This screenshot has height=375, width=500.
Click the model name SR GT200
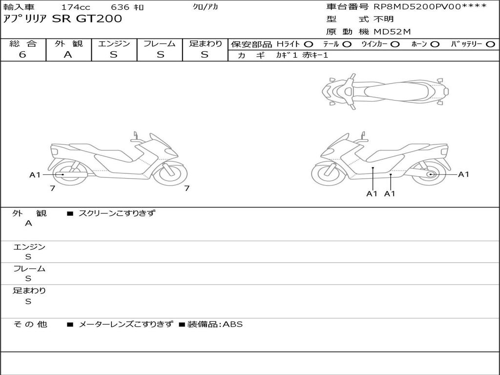[x=87, y=19]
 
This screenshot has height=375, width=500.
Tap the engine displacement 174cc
[x=76, y=7]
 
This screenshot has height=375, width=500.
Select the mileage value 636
[x=120, y=7]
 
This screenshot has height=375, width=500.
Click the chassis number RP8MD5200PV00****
[x=430, y=6]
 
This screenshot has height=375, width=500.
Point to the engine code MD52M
[x=392, y=32]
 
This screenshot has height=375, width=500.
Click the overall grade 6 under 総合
[x=22, y=54]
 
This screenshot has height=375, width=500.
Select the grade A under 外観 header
[x=68, y=55]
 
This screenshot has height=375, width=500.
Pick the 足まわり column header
[x=205, y=43]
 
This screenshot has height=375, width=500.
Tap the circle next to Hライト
[x=309, y=44]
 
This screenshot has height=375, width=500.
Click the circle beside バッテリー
[x=490, y=44]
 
